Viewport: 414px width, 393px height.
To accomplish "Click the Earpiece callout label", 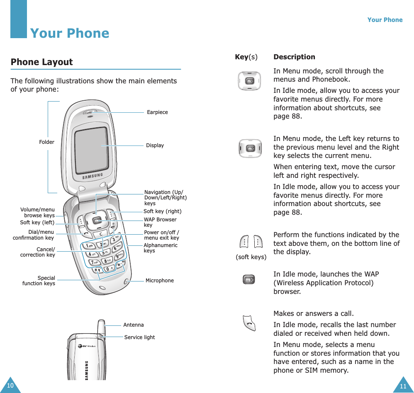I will point(157,112).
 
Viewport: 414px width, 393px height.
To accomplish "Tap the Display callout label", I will point(155,146).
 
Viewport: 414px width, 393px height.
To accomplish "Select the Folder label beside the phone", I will point(46,142).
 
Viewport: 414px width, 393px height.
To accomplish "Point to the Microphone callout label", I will point(159,281).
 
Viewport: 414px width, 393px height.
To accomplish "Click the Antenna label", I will point(133,325).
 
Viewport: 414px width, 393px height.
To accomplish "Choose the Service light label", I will point(139,337).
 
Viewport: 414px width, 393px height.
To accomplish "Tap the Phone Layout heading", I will point(41,62).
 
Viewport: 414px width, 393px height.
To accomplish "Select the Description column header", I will point(294,57).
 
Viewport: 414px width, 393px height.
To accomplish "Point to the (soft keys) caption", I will point(251,257).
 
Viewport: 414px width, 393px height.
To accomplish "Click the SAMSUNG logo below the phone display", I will point(92,176).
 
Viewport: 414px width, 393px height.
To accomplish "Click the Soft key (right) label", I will point(162,211).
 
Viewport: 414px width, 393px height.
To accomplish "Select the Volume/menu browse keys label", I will point(37,213).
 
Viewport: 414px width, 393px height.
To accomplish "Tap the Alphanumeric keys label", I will point(160,248).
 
